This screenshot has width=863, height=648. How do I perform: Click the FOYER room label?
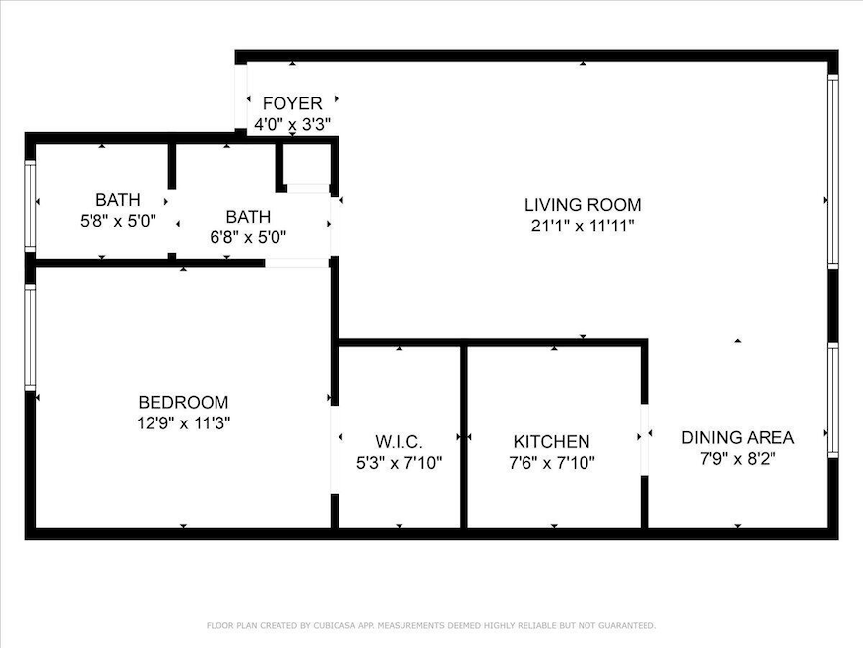pos(292,103)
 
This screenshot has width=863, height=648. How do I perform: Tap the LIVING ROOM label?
pos(583,205)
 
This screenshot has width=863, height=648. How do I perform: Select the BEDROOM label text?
pos(183,402)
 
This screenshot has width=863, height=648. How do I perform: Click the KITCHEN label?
pos(551,442)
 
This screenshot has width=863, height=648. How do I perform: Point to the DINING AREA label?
pos(737,437)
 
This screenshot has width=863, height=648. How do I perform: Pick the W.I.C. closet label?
pos(400,442)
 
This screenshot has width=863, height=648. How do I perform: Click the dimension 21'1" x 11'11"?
pos(583,226)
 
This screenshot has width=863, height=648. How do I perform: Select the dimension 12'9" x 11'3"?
pos(183,423)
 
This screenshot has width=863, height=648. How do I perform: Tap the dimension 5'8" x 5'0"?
pos(118,221)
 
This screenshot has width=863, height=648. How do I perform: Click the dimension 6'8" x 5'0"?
pos(248,238)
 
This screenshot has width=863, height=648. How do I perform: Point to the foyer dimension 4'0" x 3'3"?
pos(292,124)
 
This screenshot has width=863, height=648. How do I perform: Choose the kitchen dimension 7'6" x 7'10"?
pos(551,463)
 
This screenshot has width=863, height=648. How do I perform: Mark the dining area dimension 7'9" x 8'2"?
pos(737,459)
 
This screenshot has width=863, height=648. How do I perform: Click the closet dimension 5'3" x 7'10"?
pos(400,463)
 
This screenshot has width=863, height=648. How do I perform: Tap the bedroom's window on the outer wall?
pos(31,337)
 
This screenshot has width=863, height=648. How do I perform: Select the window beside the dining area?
pos(832,400)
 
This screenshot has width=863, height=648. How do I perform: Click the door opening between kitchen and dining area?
pos(645,439)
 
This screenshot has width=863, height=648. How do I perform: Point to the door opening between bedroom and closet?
pos(335,450)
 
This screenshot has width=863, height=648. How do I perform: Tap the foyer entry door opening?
pos(240,97)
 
